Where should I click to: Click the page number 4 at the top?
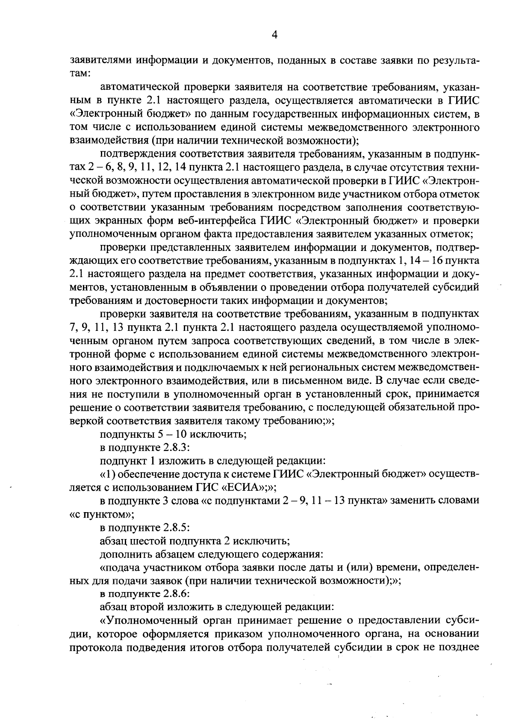tap(274, 35)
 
